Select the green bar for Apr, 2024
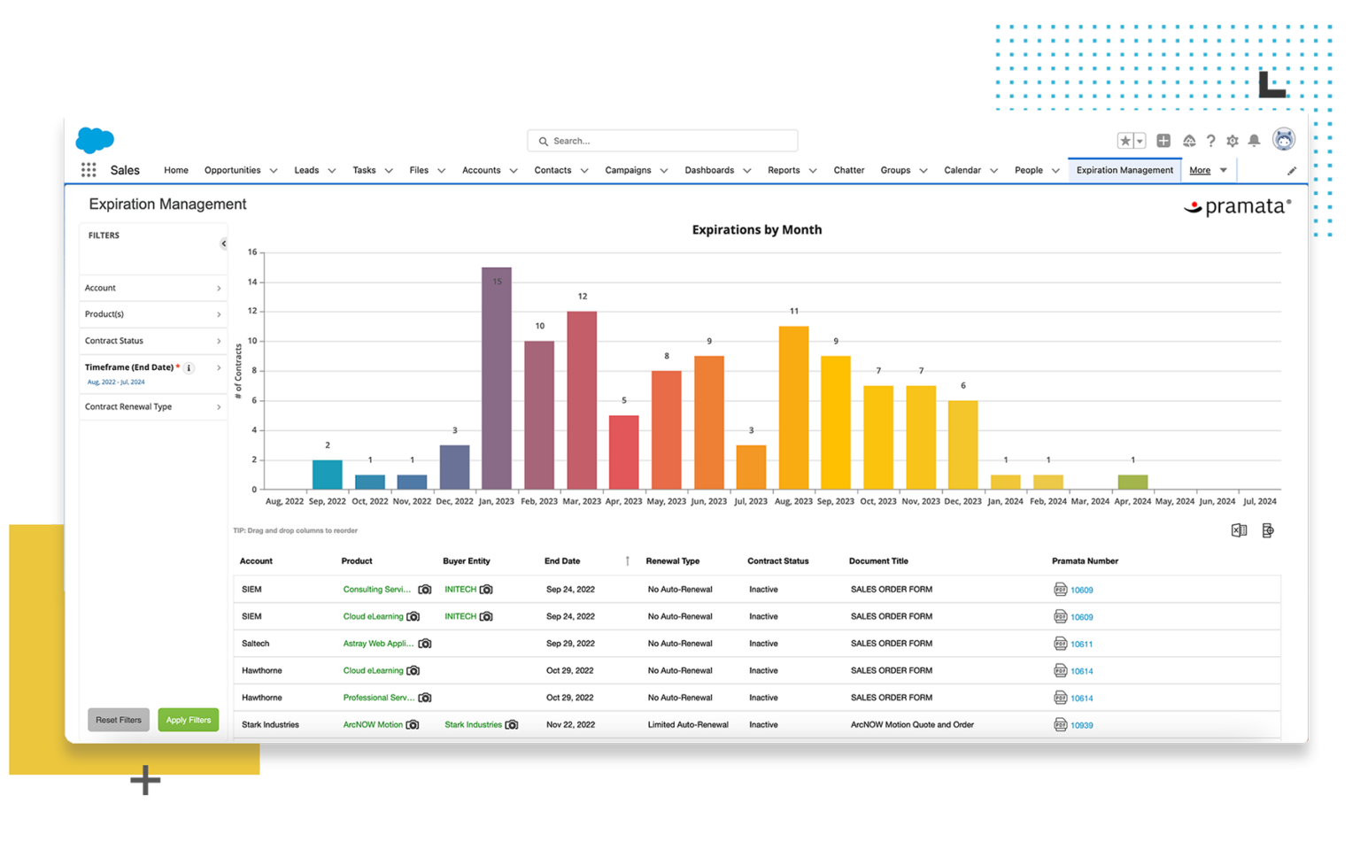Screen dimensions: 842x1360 pos(1132,483)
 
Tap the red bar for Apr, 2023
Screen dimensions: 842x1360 pos(623,452)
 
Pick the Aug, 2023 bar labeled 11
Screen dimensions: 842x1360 pos(793,407)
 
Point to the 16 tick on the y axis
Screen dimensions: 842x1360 pos(252,252)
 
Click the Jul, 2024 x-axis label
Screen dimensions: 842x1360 pos(1259,501)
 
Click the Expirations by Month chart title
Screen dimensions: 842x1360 pos(756,229)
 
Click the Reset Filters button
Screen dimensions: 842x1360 pos(119,720)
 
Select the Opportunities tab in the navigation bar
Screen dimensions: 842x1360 pos(232,170)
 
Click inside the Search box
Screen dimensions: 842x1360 pos(664,141)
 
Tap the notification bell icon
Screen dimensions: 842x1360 pos(1254,141)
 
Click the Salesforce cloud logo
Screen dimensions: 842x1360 pos(95,140)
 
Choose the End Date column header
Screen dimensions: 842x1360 pos(562,560)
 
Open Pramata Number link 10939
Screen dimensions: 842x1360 pos(1081,725)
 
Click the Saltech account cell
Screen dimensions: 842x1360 pos(255,644)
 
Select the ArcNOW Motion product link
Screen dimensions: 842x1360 pos(373,724)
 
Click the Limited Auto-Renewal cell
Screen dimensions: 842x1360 pos(688,724)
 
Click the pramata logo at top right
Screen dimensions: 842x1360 pos(1238,207)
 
